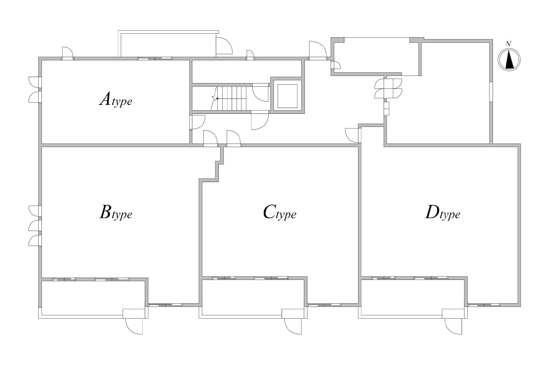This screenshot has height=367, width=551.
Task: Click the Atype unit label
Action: click(x=116, y=100)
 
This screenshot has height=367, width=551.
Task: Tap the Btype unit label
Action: click(x=116, y=212)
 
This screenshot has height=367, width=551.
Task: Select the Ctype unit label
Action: click(x=279, y=212)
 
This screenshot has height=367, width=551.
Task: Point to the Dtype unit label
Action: click(x=443, y=212)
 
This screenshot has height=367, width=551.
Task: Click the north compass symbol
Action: click(x=509, y=60)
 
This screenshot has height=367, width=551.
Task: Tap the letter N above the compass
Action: click(x=508, y=44)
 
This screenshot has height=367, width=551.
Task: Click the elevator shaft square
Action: click(x=287, y=96)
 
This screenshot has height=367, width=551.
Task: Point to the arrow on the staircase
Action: click(x=231, y=98)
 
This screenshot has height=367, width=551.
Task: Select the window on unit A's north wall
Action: click(x=155, y=58)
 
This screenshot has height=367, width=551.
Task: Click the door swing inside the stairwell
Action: click(x=261, y=92)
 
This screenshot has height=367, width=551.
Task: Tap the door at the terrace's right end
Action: click(x=224, y=46)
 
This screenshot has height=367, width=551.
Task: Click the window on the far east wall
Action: click(x=491, y=92)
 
